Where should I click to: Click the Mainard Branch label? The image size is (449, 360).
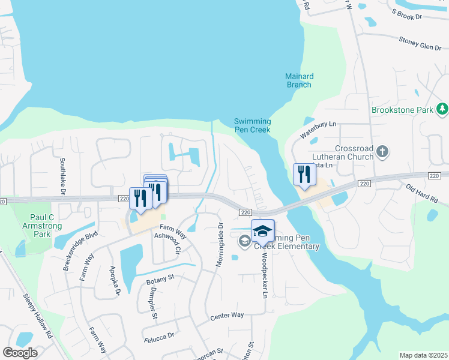299,80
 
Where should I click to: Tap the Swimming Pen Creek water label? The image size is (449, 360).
252,126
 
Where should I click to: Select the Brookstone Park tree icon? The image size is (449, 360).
442,109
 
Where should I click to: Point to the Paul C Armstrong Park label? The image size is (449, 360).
41,225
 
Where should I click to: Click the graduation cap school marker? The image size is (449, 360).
262,230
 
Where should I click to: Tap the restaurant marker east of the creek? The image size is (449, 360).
304,175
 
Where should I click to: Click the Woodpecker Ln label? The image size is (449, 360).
263,274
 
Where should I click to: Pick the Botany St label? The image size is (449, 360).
160,278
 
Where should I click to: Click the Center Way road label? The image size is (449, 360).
227,315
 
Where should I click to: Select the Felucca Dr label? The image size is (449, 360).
160,337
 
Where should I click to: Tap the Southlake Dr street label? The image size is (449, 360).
62,175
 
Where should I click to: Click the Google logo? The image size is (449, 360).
20,352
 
